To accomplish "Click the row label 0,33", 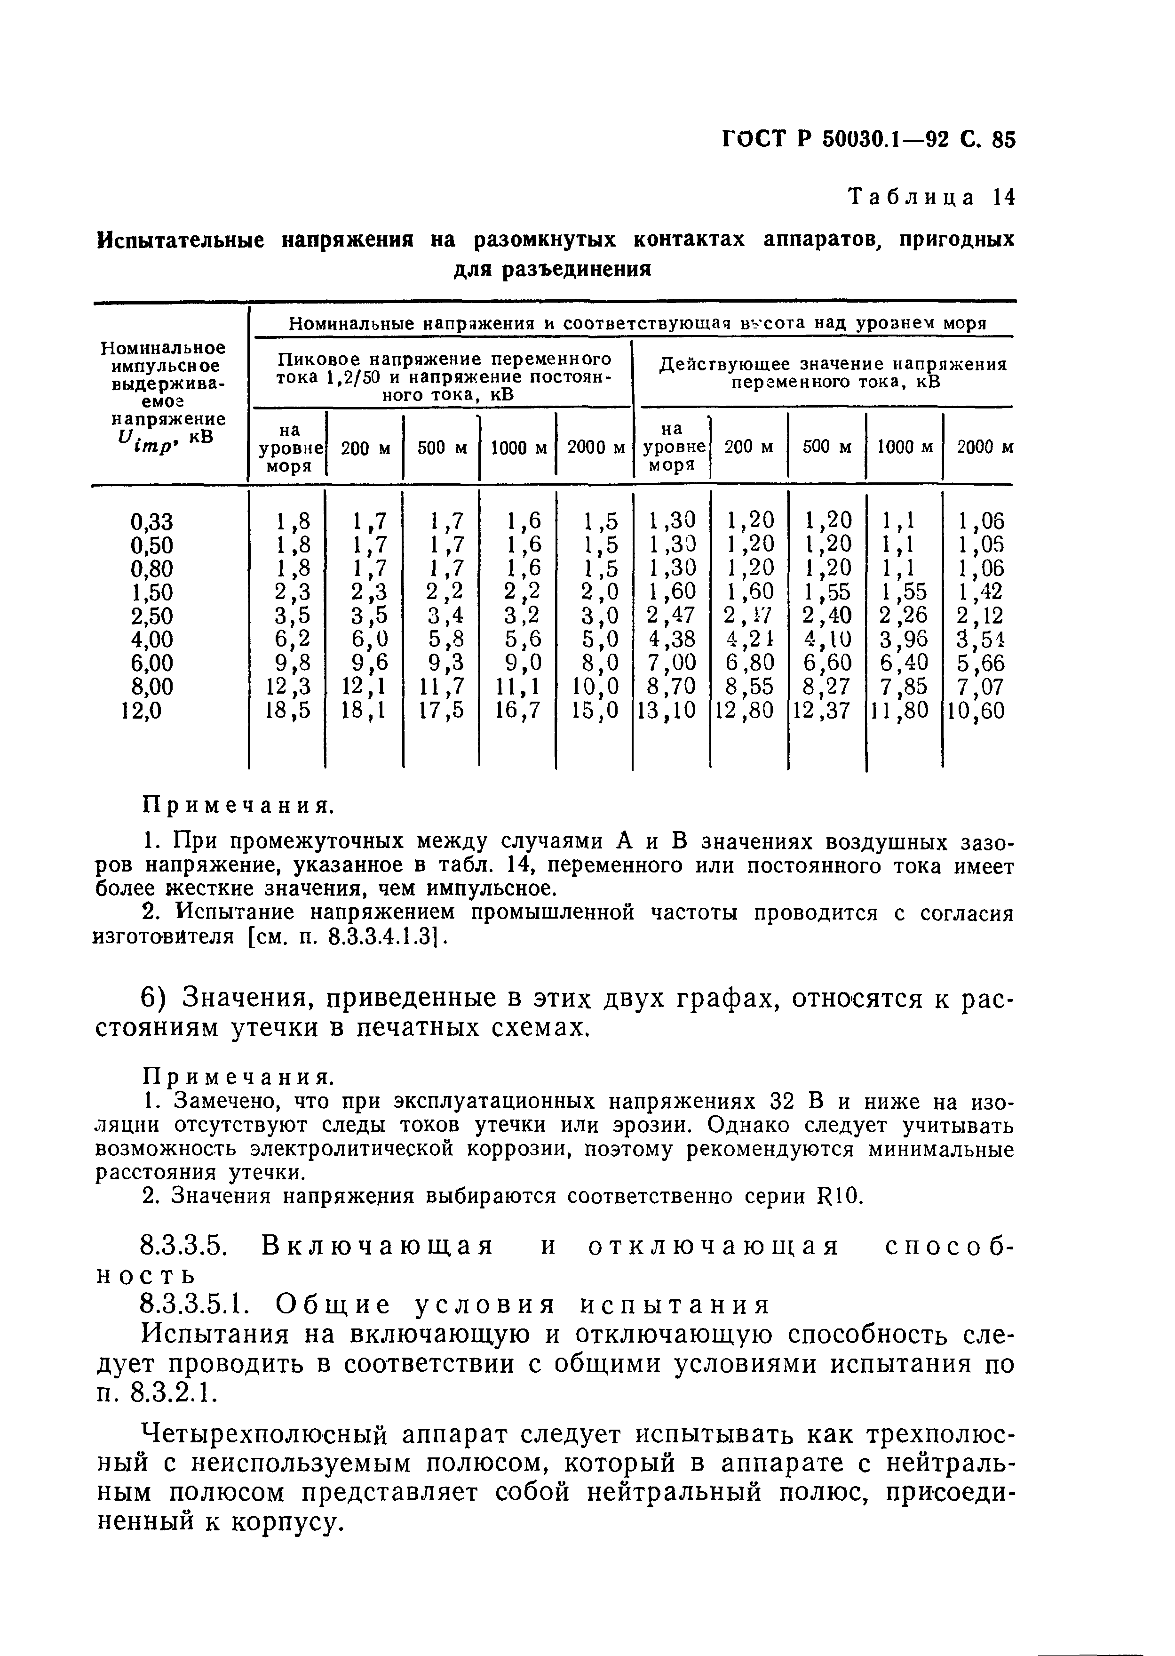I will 151,521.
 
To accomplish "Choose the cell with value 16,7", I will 517,710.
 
